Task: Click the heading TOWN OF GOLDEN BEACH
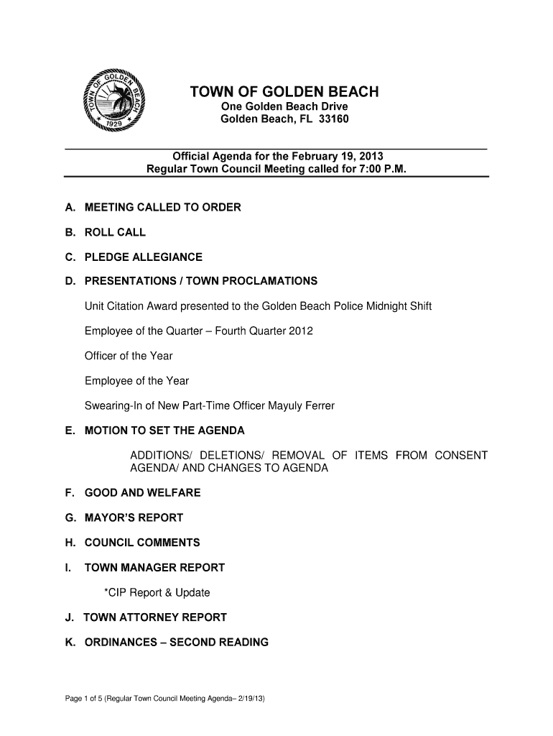(284, 92)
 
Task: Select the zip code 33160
(333, 119)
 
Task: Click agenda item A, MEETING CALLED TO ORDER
(162, 208)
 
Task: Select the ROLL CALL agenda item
(115, 232)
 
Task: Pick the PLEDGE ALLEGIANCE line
(144, 257)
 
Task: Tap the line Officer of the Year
(129, 356)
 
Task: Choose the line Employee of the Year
(136, 381)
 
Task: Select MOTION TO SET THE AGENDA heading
(164, 431)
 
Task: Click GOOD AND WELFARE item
(142, 493)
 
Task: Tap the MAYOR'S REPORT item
(134, 517)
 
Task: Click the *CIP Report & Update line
(157, 593)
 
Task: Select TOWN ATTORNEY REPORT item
(155, 617)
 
